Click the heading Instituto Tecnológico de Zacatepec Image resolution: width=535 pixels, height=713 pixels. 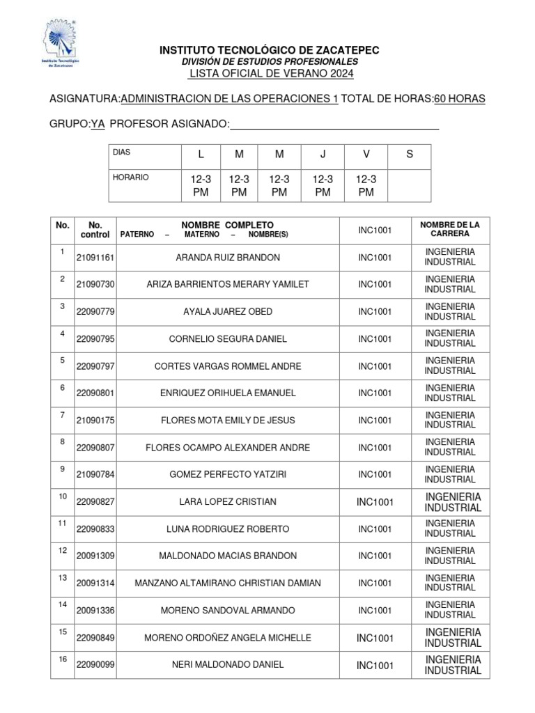click(x=270, y=52)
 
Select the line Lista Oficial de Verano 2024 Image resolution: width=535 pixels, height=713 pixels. click(x=272, y=74)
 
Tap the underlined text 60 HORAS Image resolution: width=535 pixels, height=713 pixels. click(x=460, y=100)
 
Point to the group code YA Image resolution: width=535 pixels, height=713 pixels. click(x=98, y=124)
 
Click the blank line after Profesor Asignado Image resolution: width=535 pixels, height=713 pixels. click(x=334, y=125)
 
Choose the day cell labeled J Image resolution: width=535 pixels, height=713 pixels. click(x=322, y=155)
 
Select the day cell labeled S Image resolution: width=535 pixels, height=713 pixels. click(x=409, y=155)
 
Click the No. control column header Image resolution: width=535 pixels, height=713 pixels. click(x=95, y=230)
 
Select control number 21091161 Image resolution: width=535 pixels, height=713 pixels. click(x=95, y=258)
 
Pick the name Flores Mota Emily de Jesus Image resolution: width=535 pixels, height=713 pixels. click(x=228, y=420)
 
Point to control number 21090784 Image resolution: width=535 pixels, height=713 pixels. click(x=95, y=475)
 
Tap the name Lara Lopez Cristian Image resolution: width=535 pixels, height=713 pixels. click(x=228, y=502)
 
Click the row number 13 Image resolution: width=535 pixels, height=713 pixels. click(x=62, y=578)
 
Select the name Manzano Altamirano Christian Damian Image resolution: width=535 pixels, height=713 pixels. click(x=228, y=583)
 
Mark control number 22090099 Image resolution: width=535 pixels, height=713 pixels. click(x=95, y=665)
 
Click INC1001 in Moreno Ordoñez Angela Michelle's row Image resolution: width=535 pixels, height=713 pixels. click(x=375, y=638)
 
